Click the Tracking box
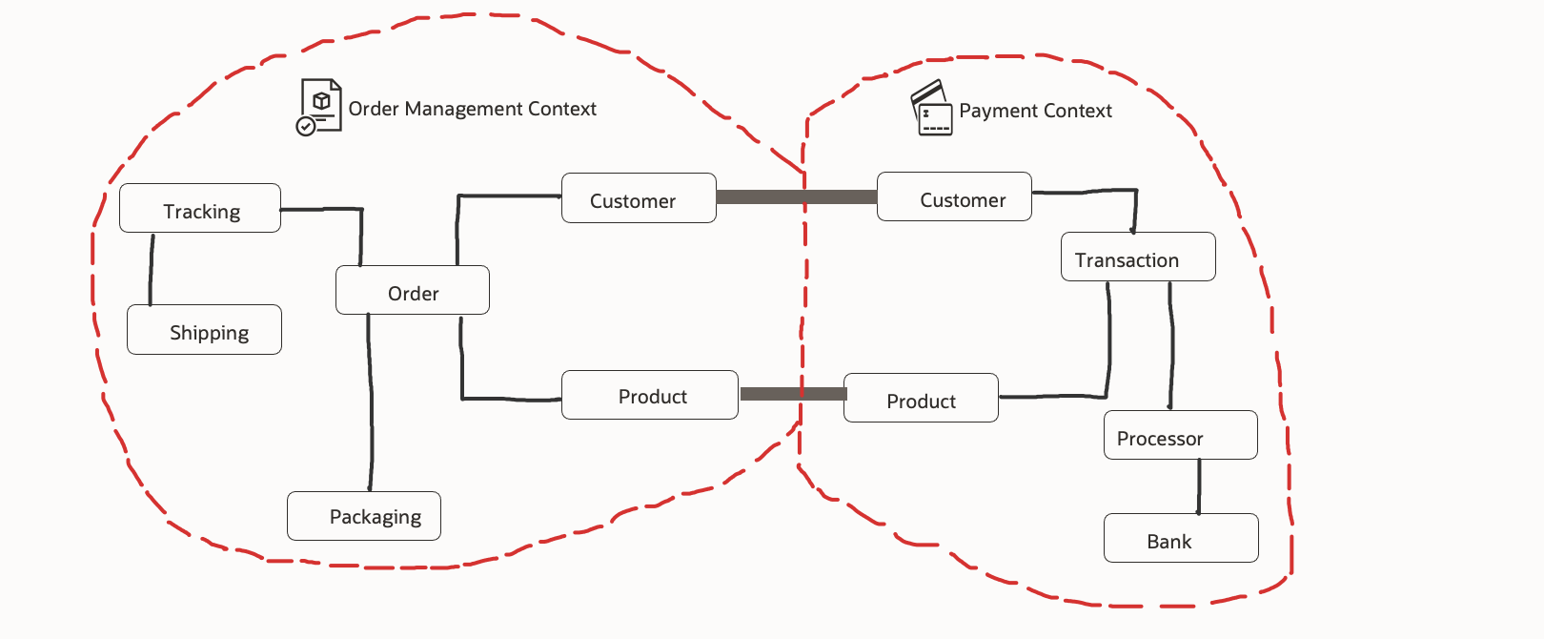point(200,208)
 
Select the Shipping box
point(204,330)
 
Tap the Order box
point(412,290)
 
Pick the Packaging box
point(364,516)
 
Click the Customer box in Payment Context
point(954,197)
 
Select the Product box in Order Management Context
point(650,395)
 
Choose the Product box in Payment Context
point(921,398)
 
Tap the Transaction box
point(1138,258)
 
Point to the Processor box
point(1180,436)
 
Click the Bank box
point(1181,539)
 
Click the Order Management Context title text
point(472,109)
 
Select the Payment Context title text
point(1035,111)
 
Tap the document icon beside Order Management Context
point(319,107)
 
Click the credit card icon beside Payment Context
point(931,108)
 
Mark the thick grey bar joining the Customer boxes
point(796,197)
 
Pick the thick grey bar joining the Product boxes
point(793,394)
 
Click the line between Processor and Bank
point(1199,486)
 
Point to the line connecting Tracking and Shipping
point(151,269)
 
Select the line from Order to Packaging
point(370,401)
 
